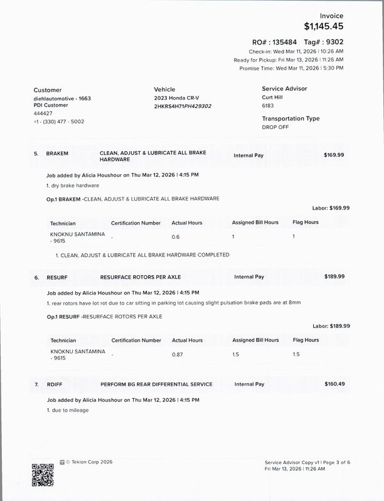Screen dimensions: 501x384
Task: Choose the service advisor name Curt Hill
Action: [274, 98]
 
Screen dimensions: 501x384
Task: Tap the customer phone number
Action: [59, 122]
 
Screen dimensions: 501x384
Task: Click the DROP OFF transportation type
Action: [275, 127]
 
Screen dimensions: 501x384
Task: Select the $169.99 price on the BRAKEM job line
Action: [334, 154]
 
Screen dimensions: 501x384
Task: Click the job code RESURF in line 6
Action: [57, 277]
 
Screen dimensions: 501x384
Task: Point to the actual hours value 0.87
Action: [179, 354]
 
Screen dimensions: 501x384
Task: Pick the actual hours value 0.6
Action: [176, 237]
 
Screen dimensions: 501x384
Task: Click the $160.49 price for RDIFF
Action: [334, 384]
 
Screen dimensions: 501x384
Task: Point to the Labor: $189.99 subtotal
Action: [331, 326]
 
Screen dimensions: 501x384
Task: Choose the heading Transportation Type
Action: [291, 119]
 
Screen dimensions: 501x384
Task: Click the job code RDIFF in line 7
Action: [55, 384]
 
